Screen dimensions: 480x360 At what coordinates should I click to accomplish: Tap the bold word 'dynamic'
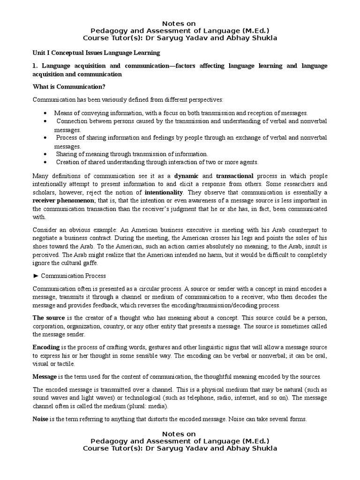coord(187,175)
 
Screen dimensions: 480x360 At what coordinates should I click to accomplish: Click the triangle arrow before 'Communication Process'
coord(36,276)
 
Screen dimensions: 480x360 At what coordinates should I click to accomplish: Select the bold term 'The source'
coord(48,318)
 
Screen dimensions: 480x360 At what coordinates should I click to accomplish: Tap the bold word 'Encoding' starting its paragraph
coord(46,347)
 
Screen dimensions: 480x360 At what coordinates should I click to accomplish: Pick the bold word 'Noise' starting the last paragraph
coord(40,419)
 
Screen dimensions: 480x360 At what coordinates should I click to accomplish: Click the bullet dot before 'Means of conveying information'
coord(44,113)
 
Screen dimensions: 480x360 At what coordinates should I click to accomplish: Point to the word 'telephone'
coord(189,398)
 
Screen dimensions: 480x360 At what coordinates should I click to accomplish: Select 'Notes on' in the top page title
coord(180,23)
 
